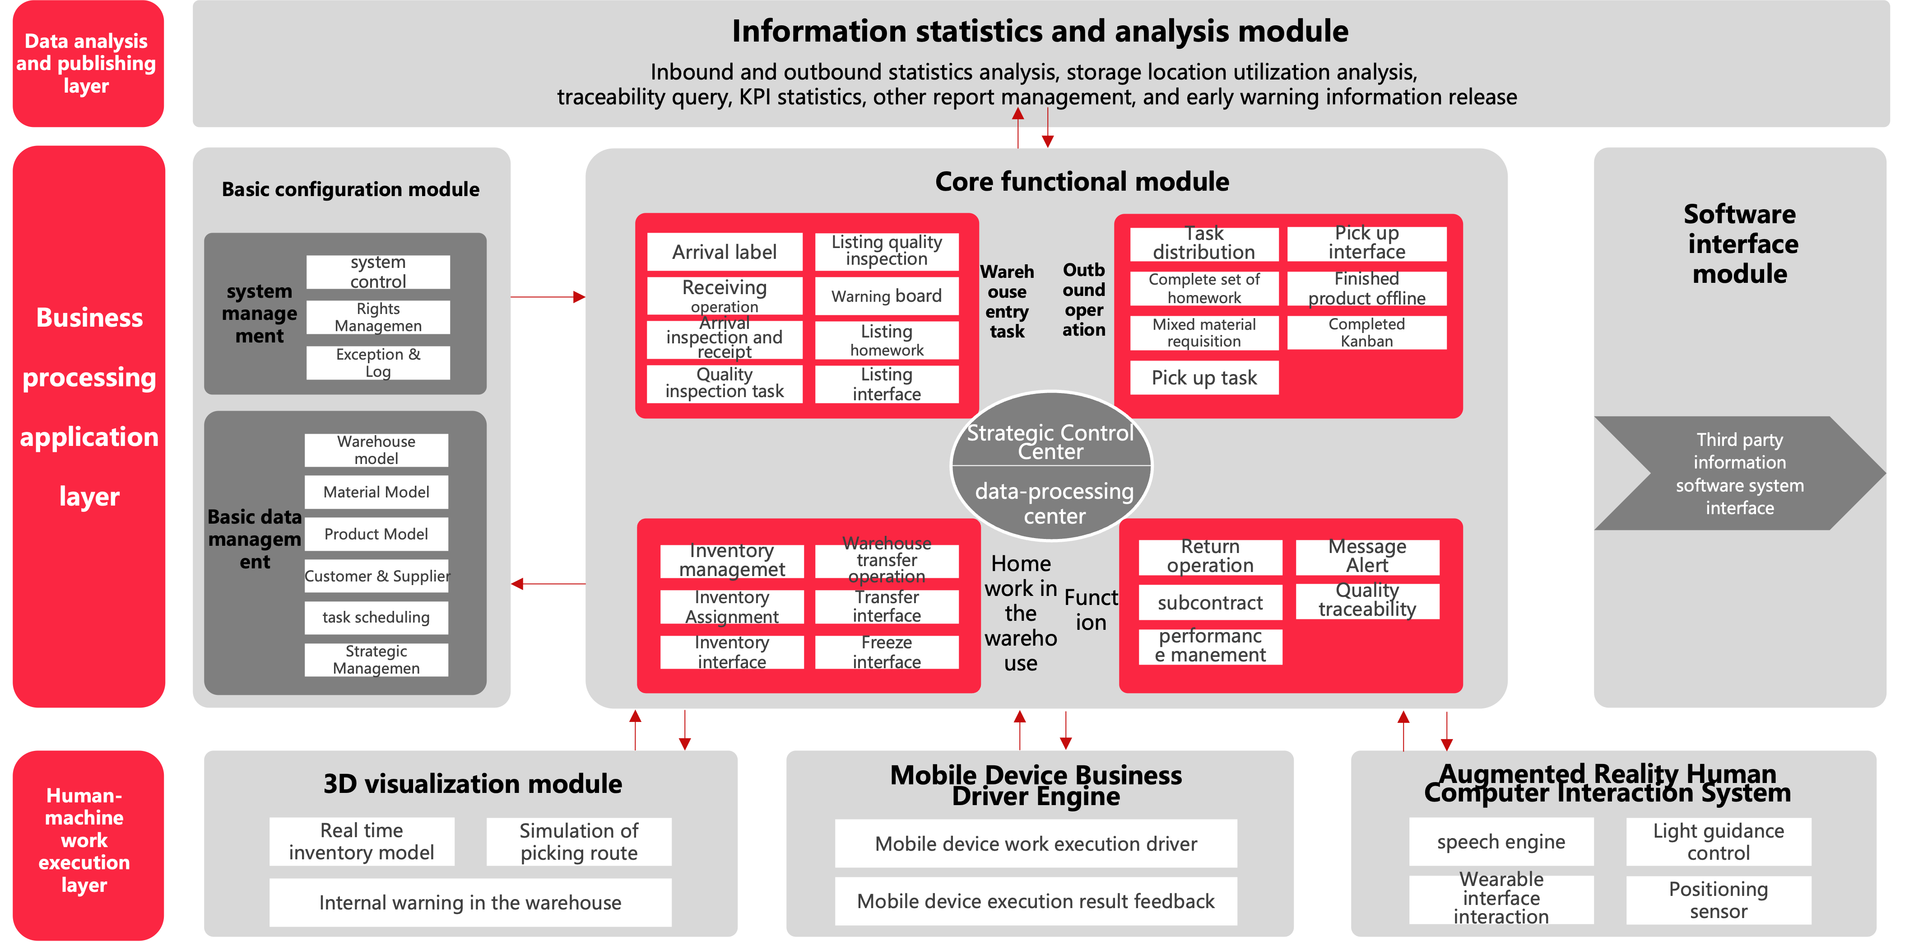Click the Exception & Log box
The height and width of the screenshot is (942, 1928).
click(377, 362)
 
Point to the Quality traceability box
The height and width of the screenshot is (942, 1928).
click(1367, 600)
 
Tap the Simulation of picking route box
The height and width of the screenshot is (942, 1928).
click(579, 842)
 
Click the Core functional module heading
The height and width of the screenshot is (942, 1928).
click(1082, 181)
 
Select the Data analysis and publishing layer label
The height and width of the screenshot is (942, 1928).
click(87, 64)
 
